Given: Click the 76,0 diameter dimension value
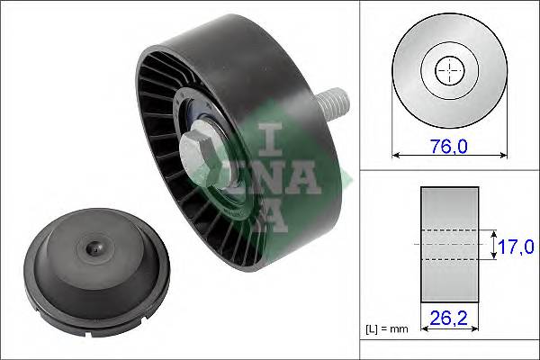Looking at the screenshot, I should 448,144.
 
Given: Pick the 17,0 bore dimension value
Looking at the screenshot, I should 517,246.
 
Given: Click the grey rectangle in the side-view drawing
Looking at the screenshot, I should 450,246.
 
